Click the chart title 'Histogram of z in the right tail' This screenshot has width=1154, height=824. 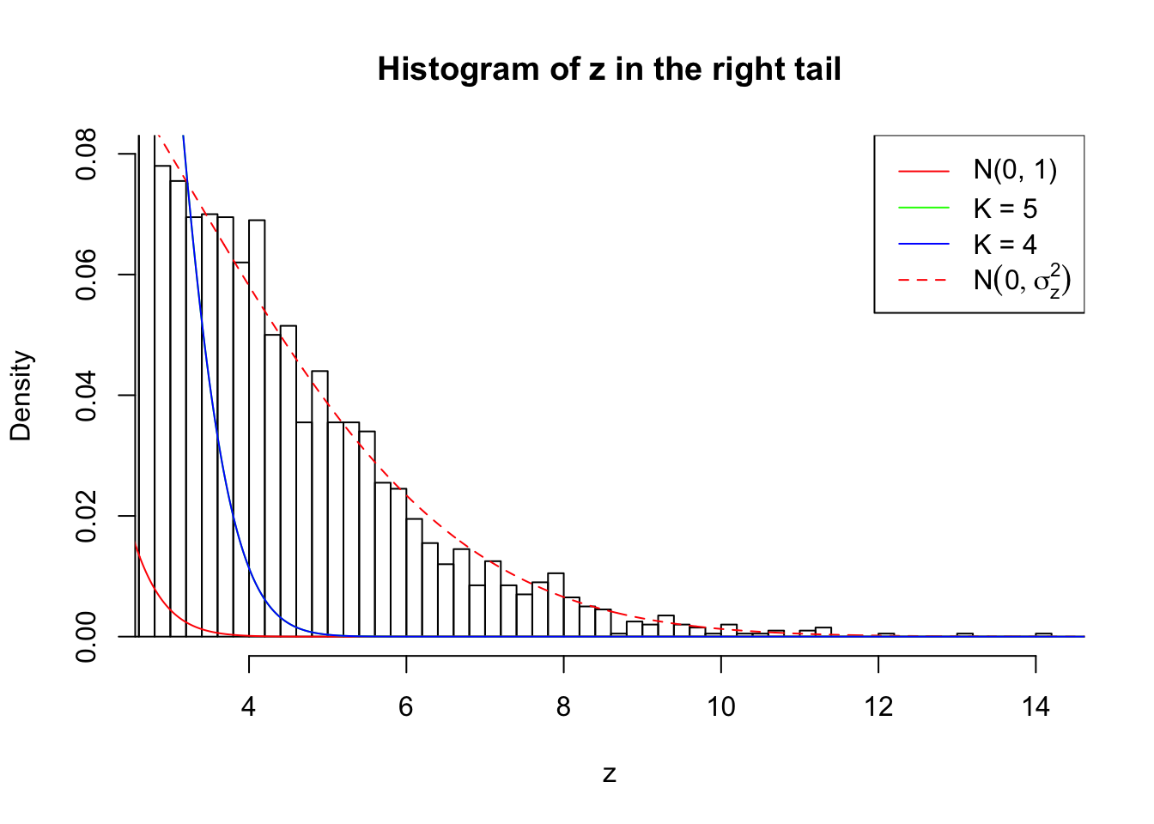point(609,69)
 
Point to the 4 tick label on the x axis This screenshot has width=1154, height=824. point(249,707)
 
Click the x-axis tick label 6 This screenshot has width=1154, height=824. point(406,707)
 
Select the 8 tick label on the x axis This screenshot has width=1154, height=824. point(563,707)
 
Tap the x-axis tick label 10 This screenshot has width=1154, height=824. point(721,707)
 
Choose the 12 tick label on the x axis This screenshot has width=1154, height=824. point(878,707)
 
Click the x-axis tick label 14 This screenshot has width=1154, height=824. point(1036,707)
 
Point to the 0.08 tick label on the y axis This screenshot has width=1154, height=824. point(87,154)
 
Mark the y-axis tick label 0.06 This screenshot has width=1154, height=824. point(87,275)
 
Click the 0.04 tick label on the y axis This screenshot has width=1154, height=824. point(87,396)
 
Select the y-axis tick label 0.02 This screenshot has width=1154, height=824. point(87,517)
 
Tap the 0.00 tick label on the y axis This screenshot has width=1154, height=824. point(87,637)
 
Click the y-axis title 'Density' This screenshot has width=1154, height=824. point(21,396)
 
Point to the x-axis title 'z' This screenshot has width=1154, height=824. point(609,774)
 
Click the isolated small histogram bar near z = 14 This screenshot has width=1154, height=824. point(1043,635)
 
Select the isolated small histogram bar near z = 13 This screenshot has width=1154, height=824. point(965,635)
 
